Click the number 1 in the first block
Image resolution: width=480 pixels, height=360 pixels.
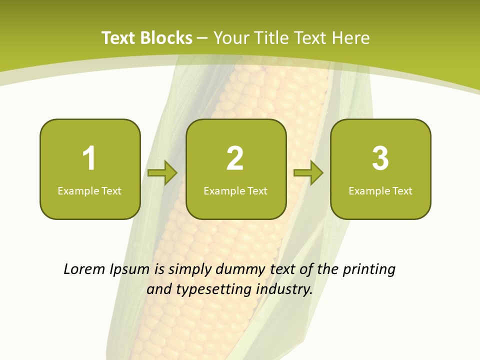point(89,158)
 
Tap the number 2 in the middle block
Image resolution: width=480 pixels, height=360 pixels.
point(235,158)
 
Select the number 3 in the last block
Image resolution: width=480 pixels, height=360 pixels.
point(380,158)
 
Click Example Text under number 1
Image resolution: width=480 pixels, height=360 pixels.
point(89,190)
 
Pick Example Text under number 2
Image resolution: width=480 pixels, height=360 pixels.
point(235,190)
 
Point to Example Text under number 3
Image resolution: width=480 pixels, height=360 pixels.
point(380,190)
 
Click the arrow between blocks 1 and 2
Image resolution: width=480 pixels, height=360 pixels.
point(162,173)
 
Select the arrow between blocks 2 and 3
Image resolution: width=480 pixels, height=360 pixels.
point(308,173)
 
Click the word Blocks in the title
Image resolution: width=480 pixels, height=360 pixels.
point(166,38)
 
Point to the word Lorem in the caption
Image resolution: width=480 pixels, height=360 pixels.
point(85,269)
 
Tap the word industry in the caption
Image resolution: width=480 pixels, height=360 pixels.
point(284,289)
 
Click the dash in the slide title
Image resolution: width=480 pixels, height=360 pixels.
point(202,38)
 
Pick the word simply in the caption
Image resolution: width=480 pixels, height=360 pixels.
point(190,270)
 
